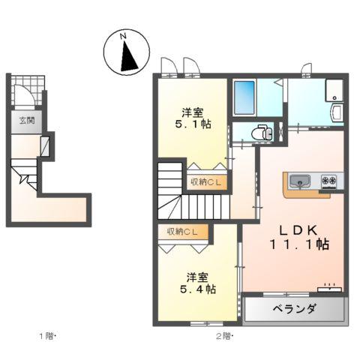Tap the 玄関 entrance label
pos(26,119)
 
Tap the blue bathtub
pos(244,97)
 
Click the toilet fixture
pos(261,132)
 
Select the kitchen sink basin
pos(298,181)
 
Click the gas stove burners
pos(329,181)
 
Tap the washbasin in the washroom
pos(334,113)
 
